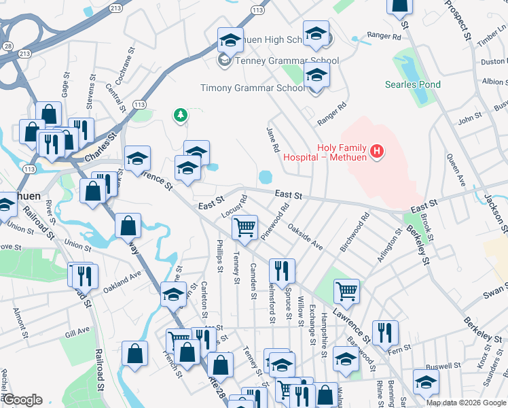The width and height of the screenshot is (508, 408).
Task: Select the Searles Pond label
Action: pos(413,85)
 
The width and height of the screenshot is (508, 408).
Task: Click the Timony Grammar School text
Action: pos(253,88)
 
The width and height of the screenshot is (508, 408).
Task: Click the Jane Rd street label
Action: pos(274,139)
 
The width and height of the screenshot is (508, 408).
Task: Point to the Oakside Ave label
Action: pos(304,237)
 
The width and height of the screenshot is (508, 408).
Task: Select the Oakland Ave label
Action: pos(122,282)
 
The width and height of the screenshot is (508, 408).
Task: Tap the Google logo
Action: pos(22,401)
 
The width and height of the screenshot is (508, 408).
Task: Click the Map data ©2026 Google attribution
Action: pos(466,403)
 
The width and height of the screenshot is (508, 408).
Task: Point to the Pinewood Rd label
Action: pos(279,216)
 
